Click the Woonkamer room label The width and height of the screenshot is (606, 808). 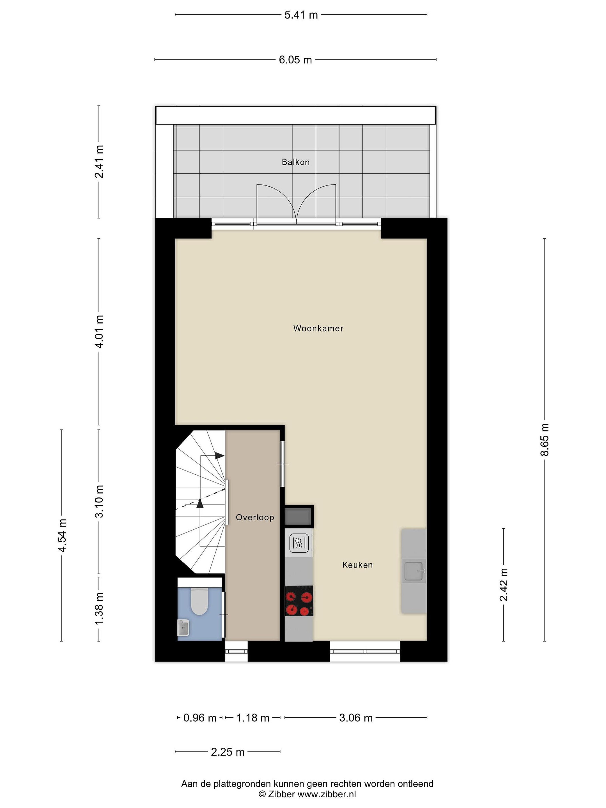(318, 328)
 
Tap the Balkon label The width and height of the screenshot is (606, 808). (295, 162)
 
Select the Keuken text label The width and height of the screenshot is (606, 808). (357, 565)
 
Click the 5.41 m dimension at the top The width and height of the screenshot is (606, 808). (301, 15)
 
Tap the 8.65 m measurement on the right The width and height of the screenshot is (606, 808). (544, 440)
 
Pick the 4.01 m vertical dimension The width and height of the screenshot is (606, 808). (99, 331)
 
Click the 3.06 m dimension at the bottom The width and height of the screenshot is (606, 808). (356, 718)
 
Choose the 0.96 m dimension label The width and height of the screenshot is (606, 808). (200, 718)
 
